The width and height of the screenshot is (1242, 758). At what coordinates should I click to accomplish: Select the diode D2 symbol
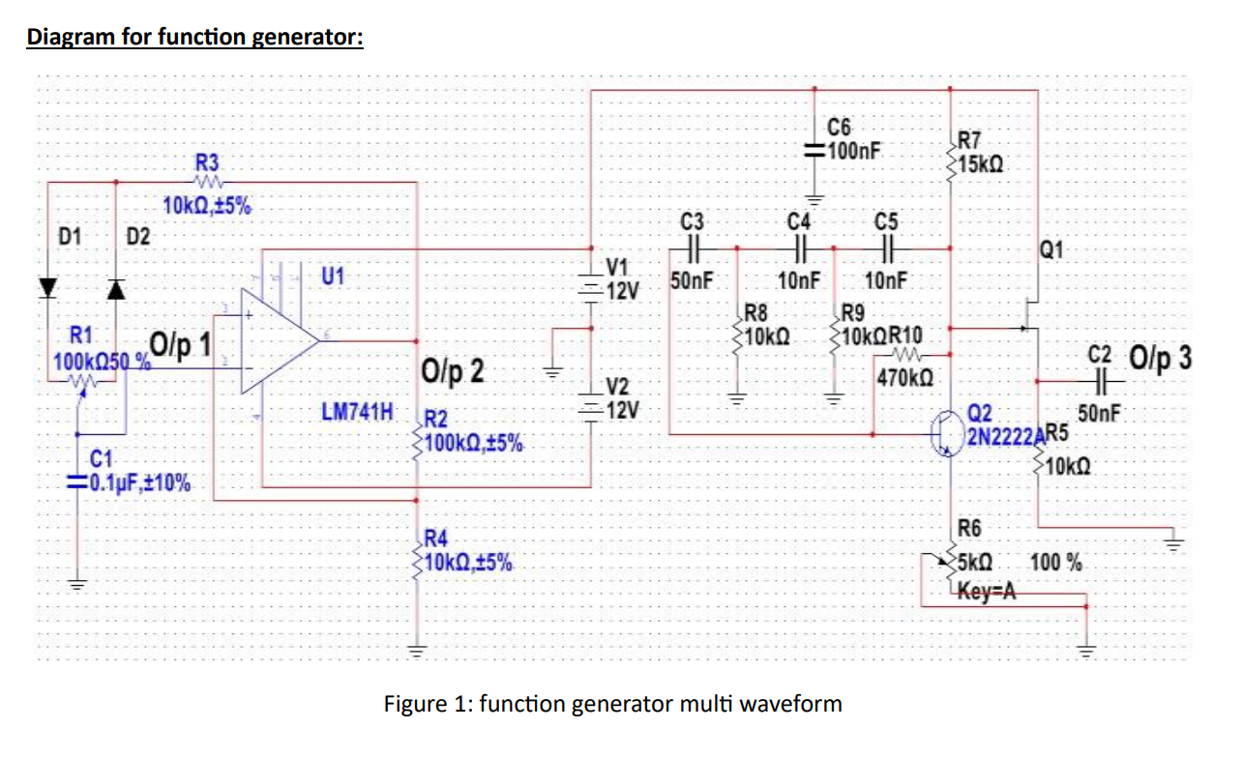click(x=116, y=288)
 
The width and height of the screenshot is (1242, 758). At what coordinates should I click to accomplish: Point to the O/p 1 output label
click(x=181, y=343)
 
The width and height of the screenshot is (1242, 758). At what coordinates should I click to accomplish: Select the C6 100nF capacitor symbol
click(x=815, y=151)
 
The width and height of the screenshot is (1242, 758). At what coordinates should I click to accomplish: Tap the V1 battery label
click(x=616, y=267)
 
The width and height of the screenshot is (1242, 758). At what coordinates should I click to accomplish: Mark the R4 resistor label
click(x=437, y=539)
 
